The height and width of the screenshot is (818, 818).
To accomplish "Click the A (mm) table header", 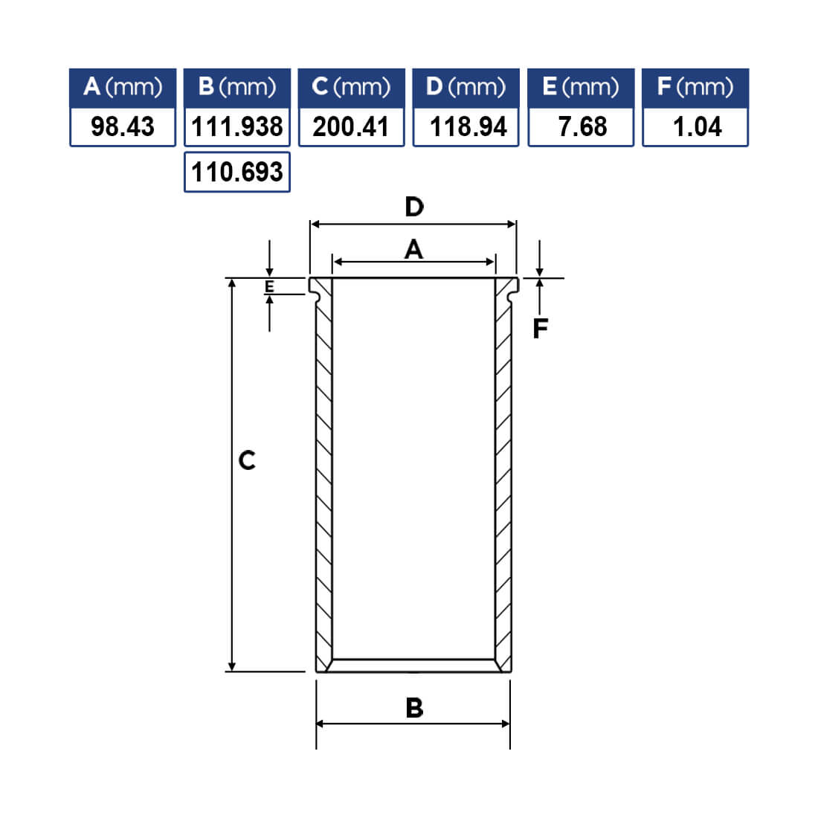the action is coord(123,88).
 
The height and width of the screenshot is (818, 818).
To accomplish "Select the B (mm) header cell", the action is coord(237,88).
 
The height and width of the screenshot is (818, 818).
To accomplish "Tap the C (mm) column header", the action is coord(351,88).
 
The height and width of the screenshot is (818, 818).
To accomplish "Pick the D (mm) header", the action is coord(466,88).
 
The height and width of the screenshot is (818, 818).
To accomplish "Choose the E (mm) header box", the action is coord(581,88).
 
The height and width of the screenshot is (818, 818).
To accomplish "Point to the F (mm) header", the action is coord(695,88).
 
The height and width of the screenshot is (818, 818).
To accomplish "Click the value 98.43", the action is coord(123,126).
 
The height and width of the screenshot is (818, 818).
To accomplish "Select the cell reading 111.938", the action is coord(237,126).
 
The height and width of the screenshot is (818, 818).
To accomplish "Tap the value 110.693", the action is coord(237,173).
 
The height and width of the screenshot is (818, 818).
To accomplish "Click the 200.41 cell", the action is coord(351,126).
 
